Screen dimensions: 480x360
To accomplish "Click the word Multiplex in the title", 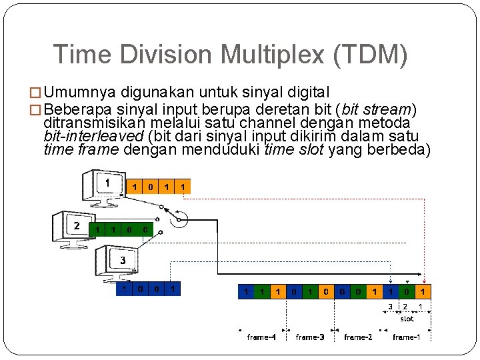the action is [267, 54].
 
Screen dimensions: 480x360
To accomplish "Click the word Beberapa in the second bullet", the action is [77, 108].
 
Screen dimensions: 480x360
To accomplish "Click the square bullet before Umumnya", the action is [37, 92].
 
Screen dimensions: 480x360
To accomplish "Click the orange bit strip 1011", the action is [159, 187].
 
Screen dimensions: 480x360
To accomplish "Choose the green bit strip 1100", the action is [121, 229].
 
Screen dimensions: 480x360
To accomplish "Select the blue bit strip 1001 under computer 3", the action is [148, 289].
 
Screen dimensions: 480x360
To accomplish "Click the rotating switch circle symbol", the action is [179, 218].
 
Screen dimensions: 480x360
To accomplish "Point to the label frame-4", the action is [261, 337].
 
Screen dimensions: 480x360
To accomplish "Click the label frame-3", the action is [310, 337].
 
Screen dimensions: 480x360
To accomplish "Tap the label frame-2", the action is [358, 337].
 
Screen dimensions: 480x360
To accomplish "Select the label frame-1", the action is [406, 337].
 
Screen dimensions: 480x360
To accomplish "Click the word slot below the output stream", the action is [406, 319].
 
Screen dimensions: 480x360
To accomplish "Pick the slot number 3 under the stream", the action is [390, 306].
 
